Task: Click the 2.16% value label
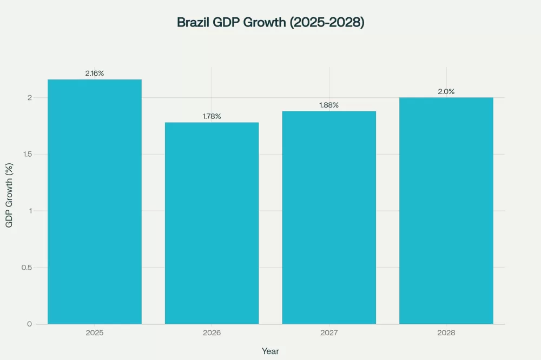tap(95, 74)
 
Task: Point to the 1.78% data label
tap(212, 116)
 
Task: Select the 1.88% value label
tap(329, 105)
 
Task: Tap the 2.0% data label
tap(446, 91)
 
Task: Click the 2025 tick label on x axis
tap(95, 333)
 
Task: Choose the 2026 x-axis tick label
tap(212, 333)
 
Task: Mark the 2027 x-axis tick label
tap(329, 333)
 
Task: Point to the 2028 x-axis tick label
tap(446, 333)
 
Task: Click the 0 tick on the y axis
tap(30, 324)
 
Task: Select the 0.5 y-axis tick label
tap(27, 268)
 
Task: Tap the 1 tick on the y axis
tap(30, 211)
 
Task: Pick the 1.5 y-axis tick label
tap(27, 154)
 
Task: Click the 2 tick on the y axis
tap(30, 98)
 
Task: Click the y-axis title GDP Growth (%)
tap(9, 195)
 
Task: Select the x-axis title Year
tap(270, 351)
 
